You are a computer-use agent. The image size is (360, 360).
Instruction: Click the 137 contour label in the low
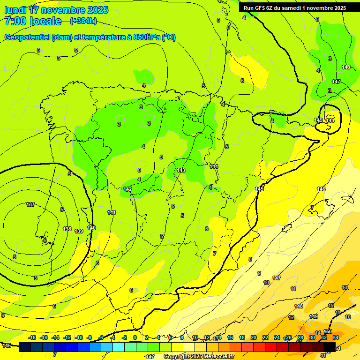[30, 204]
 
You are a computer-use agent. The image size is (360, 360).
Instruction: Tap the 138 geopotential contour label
[67, 229]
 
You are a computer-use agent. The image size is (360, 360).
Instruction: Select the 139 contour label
[79, 231]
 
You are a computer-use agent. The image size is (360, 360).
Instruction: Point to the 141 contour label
[112, 212]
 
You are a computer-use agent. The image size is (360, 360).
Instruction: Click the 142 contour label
[127, 189]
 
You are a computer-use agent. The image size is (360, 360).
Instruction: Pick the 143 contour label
[181, 170]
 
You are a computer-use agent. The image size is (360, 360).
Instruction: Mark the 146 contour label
[321, 189]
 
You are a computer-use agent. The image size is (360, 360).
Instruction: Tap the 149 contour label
[314, 316]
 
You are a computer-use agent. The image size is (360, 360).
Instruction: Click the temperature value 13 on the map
[345, 287]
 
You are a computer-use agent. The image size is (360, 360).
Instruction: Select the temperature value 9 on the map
[259, 273]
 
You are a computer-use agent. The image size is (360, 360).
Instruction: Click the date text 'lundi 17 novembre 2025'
[56, 10]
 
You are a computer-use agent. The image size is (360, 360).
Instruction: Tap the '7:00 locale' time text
[33, 21]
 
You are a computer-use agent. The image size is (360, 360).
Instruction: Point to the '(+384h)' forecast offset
[83, 21]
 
